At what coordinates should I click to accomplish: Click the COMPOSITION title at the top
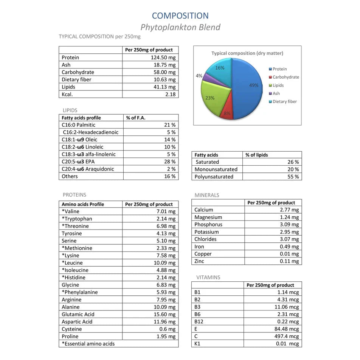[x=180, y=16]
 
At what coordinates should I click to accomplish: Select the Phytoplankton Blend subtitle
[x=180, y=27]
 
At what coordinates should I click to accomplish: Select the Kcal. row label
[x=67, y=94]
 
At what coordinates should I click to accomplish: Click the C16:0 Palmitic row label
[x=78, y=125]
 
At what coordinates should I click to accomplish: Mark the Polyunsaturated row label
[x=214, y=177]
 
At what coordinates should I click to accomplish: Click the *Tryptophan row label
[x=77, y=219]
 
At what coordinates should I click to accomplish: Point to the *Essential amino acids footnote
[x=88, y=344]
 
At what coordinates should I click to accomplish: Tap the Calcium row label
[x=204, y=210]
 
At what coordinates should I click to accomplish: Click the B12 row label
[x=199, y=321]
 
